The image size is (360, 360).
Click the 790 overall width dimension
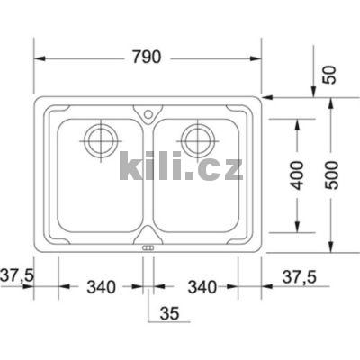click(x=148, y=58)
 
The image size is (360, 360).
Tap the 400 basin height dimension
click(x=298, y=172)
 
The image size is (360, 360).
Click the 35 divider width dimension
click(x=168, y=313)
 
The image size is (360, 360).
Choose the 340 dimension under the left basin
click(x=102, y=287)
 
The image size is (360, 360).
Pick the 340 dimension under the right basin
click(x=203, y=287)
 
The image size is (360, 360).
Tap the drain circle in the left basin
click(x=99, y=139)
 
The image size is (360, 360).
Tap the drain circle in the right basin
click(x=197, y=139)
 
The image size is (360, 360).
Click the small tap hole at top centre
click(x=148, y=113)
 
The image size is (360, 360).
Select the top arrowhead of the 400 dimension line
click(x=298, y=118)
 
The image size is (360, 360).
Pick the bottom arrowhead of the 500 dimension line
click(x=332, y=247)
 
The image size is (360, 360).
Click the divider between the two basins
click(x=148, y=180)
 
